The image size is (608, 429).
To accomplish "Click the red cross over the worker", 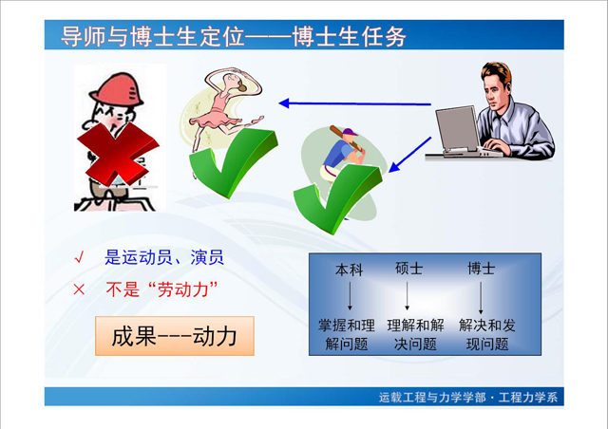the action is tap(118, 154).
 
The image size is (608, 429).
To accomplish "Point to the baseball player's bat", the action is tap(346, 138).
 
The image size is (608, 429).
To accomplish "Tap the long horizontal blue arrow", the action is tap(354, 103).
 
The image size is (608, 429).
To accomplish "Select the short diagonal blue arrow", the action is tap(409, 155).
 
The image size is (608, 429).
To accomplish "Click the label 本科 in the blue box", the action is tap(349, 270).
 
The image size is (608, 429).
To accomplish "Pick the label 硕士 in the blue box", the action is tap(408, 269).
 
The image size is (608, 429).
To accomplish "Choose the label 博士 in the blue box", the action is tap(482, 269).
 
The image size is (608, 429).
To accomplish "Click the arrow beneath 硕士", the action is tap(407, 296).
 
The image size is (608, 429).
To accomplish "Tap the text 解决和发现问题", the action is tap(487, 334).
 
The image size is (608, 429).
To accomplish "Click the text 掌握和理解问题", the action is tap(346, 334).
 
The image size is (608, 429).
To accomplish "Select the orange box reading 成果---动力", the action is tap(175, 336).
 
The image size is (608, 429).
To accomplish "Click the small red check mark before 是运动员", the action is tap(79, 257).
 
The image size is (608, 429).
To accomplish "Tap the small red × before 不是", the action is tap(79, 289).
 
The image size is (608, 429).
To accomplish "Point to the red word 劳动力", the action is tap(183, 289).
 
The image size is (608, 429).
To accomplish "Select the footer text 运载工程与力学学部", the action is tap(432, 398).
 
